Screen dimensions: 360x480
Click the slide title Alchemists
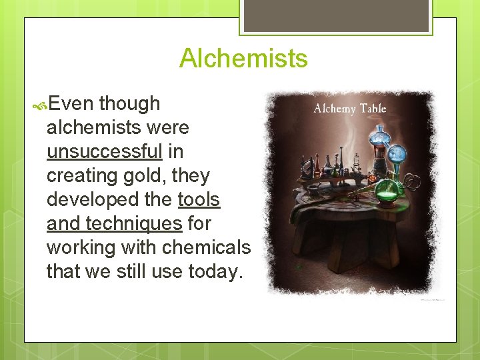pos(243,58)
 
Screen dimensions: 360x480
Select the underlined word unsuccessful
pos(105,151)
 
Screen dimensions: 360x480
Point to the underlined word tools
pos(199,200)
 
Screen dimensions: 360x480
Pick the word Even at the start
pos(71,103)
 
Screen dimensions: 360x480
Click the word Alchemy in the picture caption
pos(335,109)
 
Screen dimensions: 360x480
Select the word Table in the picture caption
pos(373,109)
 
